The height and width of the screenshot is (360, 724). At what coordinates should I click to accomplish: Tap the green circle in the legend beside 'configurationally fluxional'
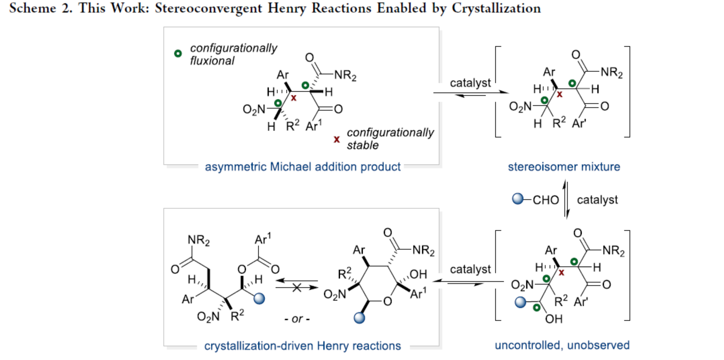[x=178, y=54]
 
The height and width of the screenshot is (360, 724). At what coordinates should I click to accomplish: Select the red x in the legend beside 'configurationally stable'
[x=337, y=139]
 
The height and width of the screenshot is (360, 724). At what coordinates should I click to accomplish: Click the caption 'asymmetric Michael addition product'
[x=303, y=167]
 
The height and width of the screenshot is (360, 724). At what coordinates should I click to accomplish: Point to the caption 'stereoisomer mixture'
[x=564, y=167]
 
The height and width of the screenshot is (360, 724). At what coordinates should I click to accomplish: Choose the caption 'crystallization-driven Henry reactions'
[x=303, y=346]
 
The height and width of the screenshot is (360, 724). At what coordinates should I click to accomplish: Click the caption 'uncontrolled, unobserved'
[x=562, y=345]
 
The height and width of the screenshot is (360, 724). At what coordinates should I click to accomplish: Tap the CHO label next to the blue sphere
[x=545, y=200]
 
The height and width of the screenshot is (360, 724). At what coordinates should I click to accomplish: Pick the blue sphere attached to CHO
[x=518, y=199]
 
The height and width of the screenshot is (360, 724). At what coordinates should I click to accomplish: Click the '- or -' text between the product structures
[x=297, y=319]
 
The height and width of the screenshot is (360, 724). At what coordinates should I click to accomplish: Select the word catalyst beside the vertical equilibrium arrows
[x=597, y=200]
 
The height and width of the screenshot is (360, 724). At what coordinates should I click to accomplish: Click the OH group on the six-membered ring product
[x=418, y=274]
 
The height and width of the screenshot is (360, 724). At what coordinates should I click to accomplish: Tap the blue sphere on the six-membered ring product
[x=359, y=318]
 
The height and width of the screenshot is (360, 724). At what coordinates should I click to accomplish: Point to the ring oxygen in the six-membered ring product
[x=388, y=301]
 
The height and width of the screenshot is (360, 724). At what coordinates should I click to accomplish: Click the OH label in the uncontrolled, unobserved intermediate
[x=554, y=319]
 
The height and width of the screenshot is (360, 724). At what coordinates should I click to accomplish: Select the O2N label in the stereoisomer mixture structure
[x=520, y=107]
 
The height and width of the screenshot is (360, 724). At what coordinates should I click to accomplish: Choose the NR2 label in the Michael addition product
[x=345, y=75]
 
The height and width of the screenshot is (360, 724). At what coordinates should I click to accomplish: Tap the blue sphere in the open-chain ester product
[x=259, y=298]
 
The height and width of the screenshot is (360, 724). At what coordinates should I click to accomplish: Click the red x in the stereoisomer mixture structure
[x=559, y=94]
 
